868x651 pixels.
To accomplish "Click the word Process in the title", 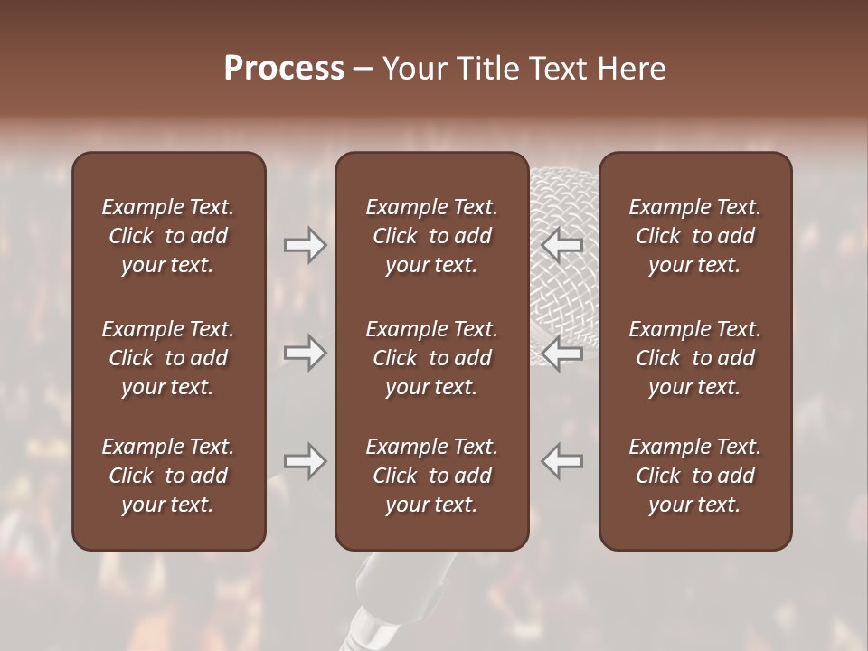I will (284, 69).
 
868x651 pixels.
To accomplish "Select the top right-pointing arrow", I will (305, 245).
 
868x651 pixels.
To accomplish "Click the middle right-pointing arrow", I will (305, 353).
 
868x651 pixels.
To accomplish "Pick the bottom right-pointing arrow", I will (305, 461).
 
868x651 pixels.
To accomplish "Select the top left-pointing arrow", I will (561, 245).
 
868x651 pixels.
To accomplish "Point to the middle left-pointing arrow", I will (561, 353).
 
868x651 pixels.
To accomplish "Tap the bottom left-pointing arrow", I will (561, 461).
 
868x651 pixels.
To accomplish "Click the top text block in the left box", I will (168, 236).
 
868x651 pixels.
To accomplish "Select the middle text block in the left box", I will (168, 358).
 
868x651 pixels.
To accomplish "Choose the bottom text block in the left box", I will (168, 476).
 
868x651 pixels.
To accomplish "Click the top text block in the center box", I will (432, 236).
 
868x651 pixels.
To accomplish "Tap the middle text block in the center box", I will (432, 358).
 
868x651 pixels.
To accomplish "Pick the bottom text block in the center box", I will (432, 476).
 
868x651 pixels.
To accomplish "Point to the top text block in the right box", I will (695, 236).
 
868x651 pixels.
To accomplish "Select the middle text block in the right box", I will (695, 358).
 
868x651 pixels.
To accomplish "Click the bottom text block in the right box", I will (695, 476).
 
